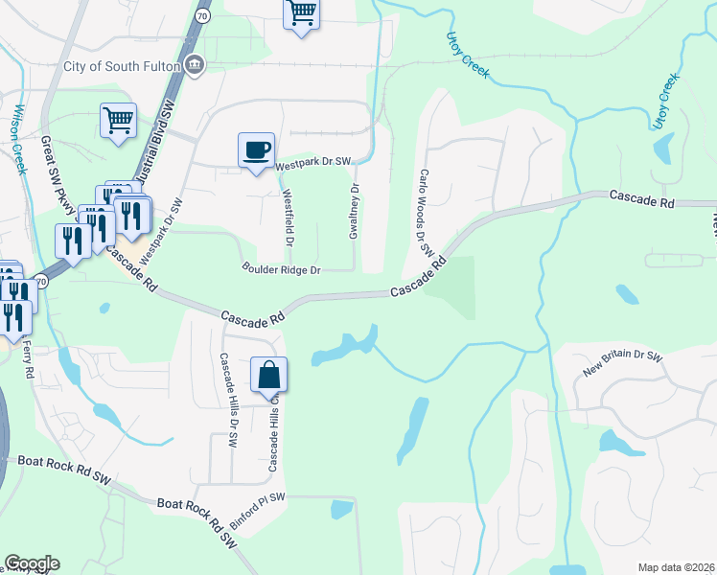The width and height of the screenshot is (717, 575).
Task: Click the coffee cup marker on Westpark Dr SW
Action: pos(256,150)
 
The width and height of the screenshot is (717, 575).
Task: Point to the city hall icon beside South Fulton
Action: pos(195,64)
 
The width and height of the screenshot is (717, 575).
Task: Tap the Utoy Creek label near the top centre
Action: pos(468,55)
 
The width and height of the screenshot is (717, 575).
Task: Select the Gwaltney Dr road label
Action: pos(354,212)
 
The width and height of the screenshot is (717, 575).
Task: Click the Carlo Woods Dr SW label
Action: pos(422,212)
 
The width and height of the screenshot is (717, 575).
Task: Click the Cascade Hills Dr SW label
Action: pos(228,401)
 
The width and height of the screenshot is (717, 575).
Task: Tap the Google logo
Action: pos(32,563)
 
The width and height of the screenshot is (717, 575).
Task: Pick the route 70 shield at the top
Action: pos(201,16)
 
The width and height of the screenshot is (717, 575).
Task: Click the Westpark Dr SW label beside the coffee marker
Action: pos(312,166)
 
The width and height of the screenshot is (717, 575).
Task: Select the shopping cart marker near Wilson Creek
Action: pos(118,122)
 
